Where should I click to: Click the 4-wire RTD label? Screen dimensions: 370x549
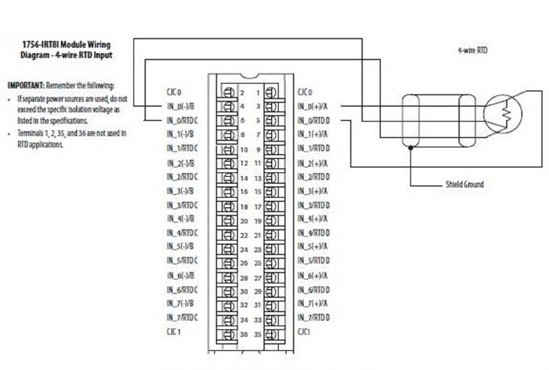pos(472,50)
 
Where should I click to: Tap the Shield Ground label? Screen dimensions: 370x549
pos(464,185)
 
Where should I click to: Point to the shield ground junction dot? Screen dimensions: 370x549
pos(411,147)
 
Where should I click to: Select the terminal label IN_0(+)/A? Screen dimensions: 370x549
pos(312,107)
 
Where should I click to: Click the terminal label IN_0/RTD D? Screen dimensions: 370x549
pos(314,121)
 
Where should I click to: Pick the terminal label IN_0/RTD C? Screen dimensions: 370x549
pos(182,121)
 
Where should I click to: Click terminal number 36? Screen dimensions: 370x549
pos(244,334)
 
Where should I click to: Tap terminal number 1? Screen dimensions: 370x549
pos(258,93)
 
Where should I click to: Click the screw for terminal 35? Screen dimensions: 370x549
pos(270,334)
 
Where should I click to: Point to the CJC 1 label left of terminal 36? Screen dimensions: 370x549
pos(173,331)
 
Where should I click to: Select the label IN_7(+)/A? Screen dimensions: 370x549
pos(312,303)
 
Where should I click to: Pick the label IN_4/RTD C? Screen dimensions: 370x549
pos(182,234)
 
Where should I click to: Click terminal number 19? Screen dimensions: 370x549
pos(257,221)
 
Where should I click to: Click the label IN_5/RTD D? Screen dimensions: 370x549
pos(314,261)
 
